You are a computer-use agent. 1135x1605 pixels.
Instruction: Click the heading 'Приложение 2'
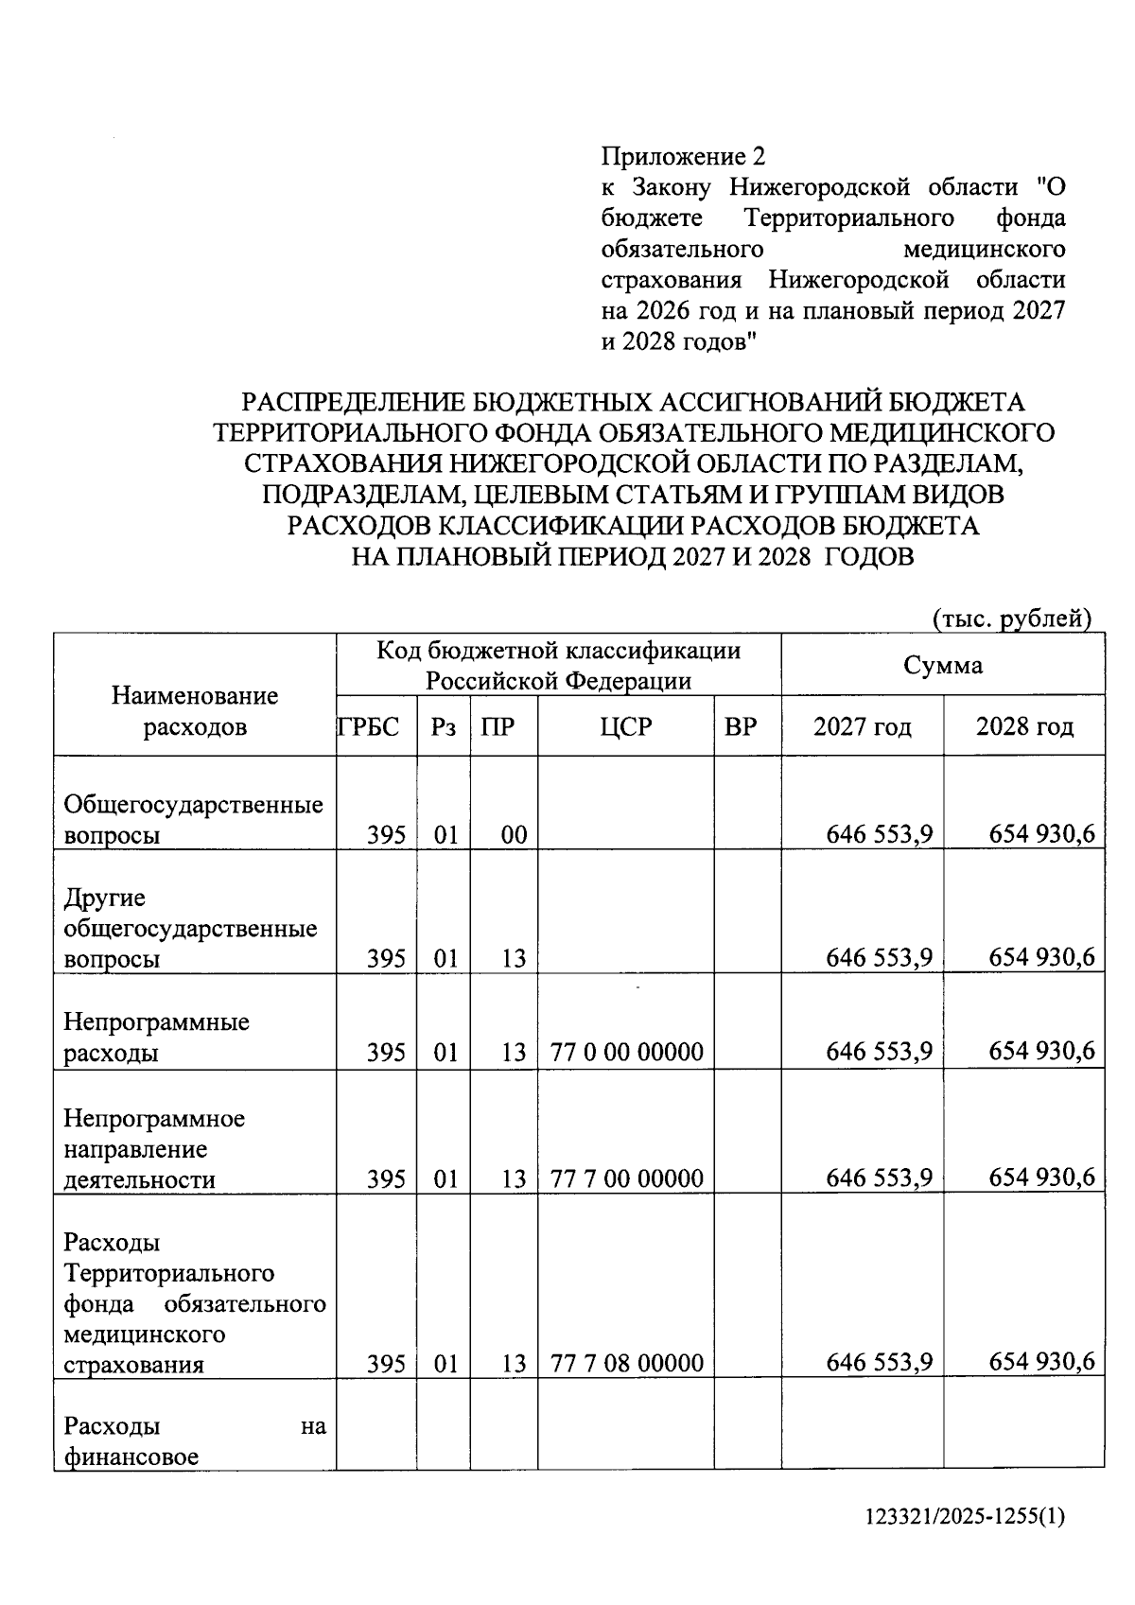[x=682, y=156]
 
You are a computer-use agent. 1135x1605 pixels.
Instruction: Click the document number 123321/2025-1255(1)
[x=965, y=1517]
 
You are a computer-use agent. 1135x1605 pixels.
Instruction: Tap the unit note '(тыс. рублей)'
[x=1012, y=619]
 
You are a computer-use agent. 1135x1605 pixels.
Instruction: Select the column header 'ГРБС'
[x=370, y=727]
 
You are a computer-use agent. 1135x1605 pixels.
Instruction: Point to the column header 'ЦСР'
[x=625, y=727]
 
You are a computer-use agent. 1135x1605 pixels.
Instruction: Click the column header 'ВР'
[x=741, y=727]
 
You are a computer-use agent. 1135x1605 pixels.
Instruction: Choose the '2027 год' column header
[x=862, y=727]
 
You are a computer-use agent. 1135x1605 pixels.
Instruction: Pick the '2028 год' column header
[x=1024, y=727]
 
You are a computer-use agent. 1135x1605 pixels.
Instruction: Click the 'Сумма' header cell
[x=942, y=665]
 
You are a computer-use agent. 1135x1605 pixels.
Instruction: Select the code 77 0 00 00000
[x=626, y=1052]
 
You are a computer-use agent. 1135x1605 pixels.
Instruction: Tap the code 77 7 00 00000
[x=626, y=1178]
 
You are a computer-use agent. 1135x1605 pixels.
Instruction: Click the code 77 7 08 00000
[x=626, y=1363]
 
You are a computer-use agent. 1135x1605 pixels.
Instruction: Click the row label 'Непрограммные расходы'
[x=156, y=1038]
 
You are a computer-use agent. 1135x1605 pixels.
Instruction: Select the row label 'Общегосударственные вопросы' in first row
[x=192, y=819]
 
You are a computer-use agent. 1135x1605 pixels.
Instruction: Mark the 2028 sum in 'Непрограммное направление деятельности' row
[x=1041, y=1178]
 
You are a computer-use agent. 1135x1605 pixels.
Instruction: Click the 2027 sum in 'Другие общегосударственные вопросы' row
[x=879, y=957]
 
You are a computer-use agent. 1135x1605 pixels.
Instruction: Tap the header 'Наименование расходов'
[x=195, y=711]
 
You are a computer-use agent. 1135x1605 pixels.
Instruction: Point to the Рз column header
[x=443, y=727]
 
